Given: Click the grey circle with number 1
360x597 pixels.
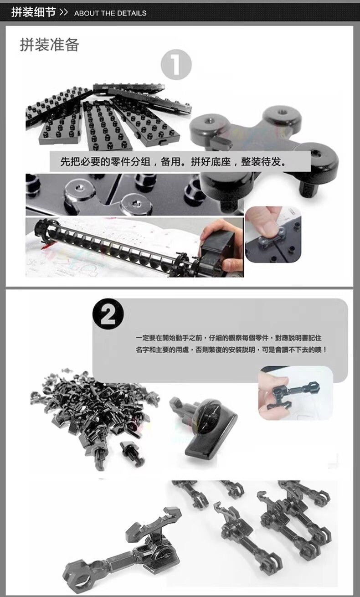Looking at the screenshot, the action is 176,64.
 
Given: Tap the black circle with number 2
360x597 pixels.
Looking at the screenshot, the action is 108,314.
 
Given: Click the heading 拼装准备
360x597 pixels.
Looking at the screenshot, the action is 50,45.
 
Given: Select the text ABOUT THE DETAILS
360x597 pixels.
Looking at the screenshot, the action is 110,13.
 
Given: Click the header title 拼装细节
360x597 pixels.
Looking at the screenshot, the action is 33,12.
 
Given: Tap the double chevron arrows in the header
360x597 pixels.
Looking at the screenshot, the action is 64,12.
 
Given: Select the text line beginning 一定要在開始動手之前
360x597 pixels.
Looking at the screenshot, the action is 229,338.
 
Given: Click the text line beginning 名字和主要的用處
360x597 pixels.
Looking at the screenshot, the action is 231,350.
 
